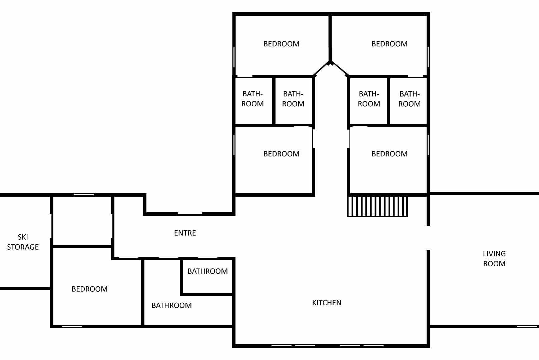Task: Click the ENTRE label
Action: (185, 233)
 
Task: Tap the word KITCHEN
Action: (327, 303)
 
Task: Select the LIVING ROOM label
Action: (494, 259)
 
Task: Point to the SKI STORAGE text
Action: (23, 242)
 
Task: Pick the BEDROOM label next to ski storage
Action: (89, 289)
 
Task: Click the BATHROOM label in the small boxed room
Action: (207, 271)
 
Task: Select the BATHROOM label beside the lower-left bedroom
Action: (171, 305)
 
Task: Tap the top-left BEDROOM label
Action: (281, 44)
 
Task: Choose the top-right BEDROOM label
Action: (389, 44)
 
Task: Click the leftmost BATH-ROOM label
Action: (252, 99)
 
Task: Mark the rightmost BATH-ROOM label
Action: (409, 99)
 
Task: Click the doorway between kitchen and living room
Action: (428, 238)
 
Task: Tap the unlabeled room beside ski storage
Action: (82, 221)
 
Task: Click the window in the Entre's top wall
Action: (190, 214)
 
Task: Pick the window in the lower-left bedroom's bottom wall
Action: (72, 326)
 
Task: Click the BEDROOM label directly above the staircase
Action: (389, 154)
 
